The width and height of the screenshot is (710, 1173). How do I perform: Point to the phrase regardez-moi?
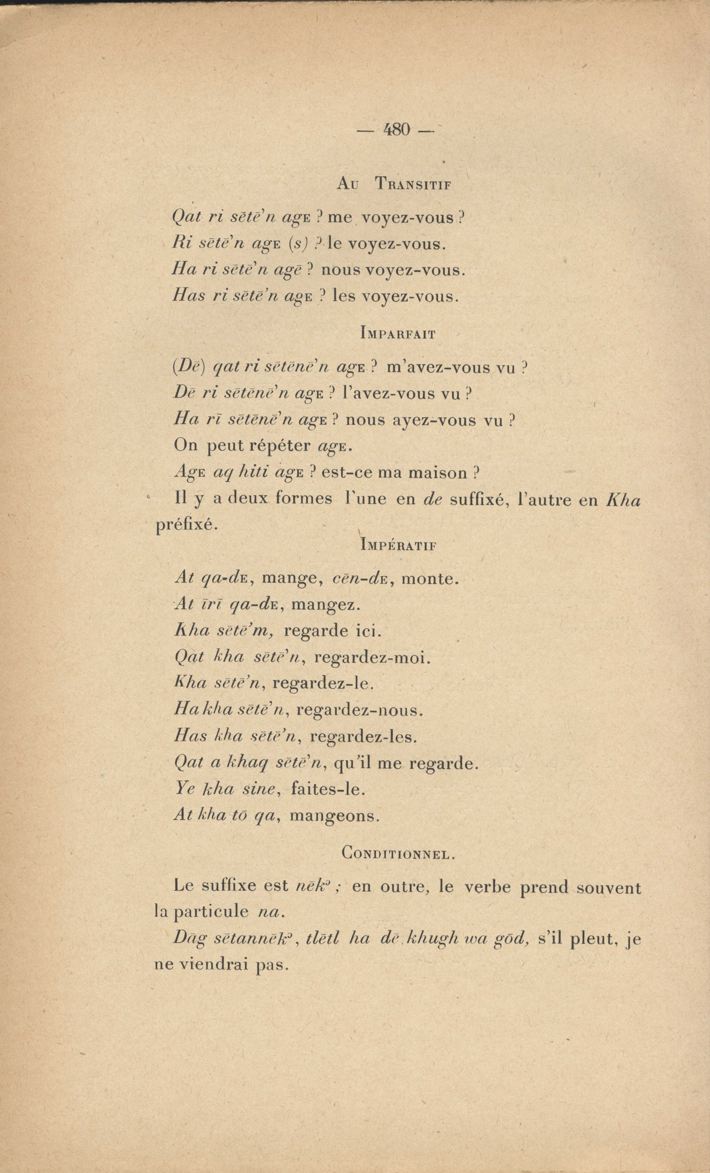coord(372,657)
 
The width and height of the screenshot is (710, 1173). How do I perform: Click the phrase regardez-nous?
coord(359,711)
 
